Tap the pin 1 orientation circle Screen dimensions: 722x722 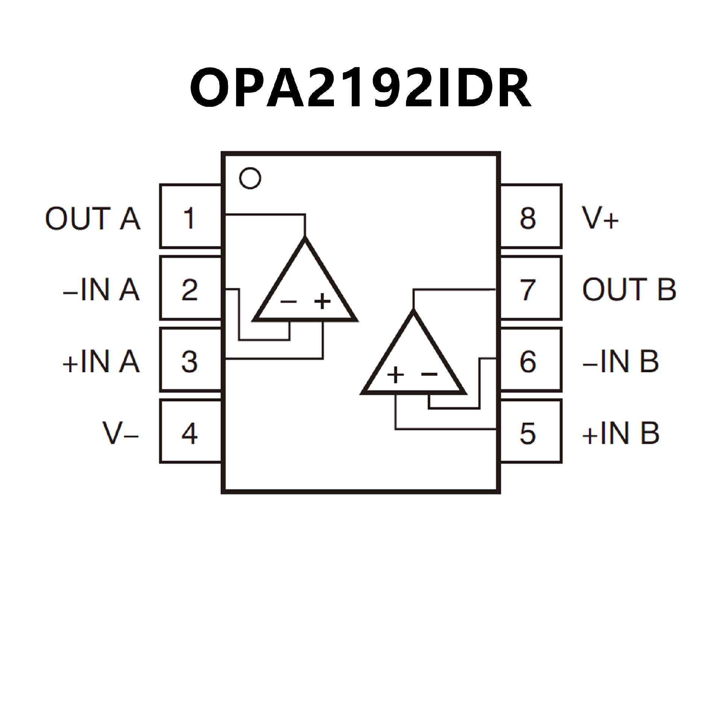tap(250, 178)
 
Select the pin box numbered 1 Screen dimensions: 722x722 tap(190, 217)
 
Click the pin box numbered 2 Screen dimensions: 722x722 tap(190, 288)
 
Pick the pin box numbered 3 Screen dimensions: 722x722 tap(190, 360)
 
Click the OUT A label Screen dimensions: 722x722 tap(93, 218)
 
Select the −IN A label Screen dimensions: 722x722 tap(101, 290)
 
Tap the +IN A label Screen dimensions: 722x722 tap(101, 361)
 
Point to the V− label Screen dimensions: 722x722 tap(120, 433)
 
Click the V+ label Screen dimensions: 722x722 tap(600, 218)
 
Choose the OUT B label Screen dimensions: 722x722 tap(629, 290)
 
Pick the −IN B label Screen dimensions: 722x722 tap(620, 361)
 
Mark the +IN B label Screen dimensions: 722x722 tap(620, 433)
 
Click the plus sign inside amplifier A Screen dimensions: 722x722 tap(322, 301)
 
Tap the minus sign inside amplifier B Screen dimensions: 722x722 tap(429, 374)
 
